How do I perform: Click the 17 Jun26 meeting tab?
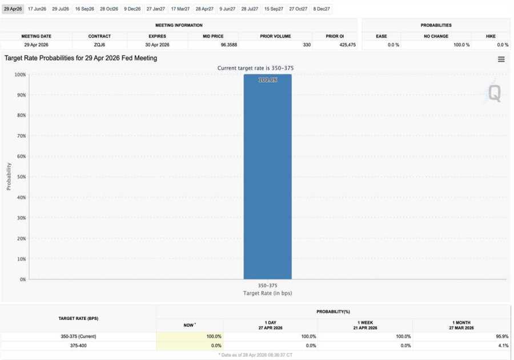click(x=37, y=9)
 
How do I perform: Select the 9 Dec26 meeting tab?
click(x=132, y=9)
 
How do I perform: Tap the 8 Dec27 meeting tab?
click(x=321, y=9)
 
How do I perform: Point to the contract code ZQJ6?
click(x=99, y=45)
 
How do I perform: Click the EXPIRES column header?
click(x=157, y=36)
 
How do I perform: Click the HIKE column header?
click(x=491, y=36)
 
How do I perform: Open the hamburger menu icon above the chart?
click(x=501, y=59)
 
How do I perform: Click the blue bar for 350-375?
click(x=267, y=177)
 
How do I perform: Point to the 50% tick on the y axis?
click(x=20, y=177)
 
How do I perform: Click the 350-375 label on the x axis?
click(x=267, y=285)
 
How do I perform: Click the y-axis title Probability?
click(x=9, y=177)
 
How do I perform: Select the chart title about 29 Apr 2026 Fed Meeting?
click(x=81, y=58)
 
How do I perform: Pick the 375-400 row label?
click(x=78, y=346)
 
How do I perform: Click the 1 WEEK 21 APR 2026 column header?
click(x=365, y=325)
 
